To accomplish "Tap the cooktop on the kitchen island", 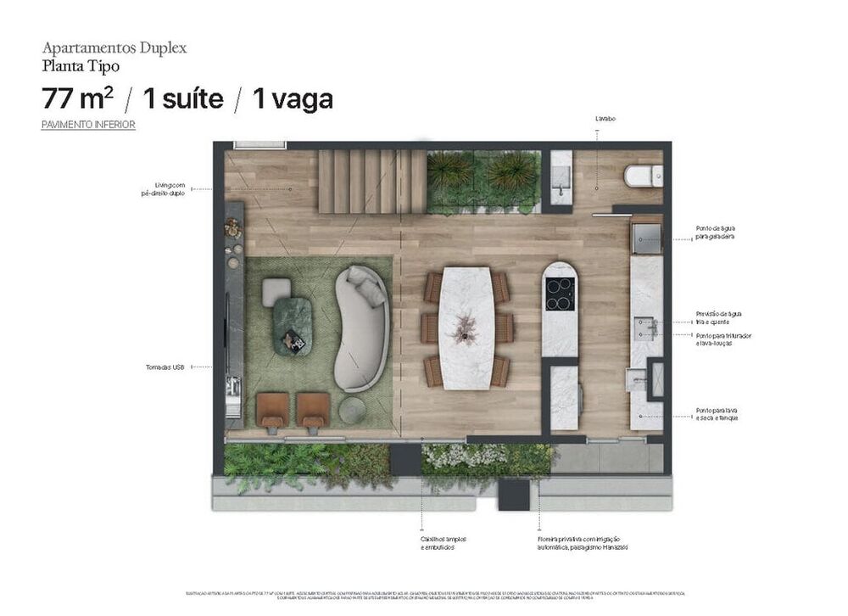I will (x=560, y=294).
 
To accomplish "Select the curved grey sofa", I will (x=361, y=328).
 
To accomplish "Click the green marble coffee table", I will (x=292, y=327).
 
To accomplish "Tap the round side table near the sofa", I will (x=351, y=411).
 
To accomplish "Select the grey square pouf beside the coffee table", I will (x=276, y=292).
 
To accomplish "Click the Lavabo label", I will (x=605, y=119).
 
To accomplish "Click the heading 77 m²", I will (x=77, y=99).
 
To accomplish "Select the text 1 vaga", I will (x=293, y=99).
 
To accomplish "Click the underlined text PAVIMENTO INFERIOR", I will (x=88, y=125).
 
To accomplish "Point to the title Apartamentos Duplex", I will (x=114, y=48).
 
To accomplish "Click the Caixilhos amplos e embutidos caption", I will (x=443, y=543).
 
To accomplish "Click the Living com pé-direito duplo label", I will (x=163, y=189).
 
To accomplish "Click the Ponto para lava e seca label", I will (x=716, y=413).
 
